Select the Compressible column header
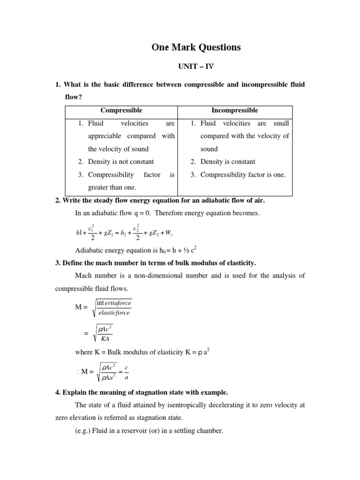121,111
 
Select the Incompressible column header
234,111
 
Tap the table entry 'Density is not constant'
121,162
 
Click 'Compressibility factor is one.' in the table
243,175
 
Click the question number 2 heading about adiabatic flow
160,201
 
